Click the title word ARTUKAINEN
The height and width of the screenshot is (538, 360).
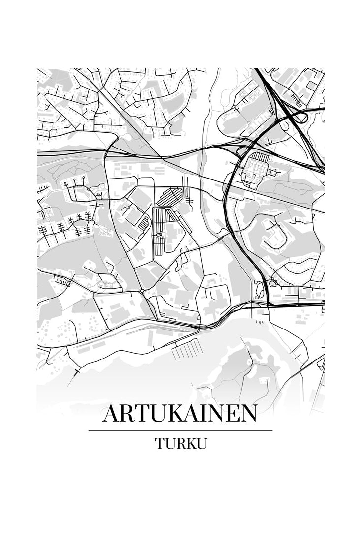click(x=180, y=414)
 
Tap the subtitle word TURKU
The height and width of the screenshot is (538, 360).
click(x=180, y=443)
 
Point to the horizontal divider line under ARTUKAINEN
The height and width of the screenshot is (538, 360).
click(x=180, y=430)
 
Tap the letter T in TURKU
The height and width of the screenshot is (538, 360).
click(x=161, y=443)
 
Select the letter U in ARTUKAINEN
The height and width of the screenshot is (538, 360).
click(x=154, y=414)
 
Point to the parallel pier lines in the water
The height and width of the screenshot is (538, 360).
click(x=187, y=349)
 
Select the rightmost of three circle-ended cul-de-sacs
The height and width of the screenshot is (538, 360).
click(x=84, y=178)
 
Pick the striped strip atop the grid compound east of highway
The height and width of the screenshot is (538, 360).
click(x=261, y=157)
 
